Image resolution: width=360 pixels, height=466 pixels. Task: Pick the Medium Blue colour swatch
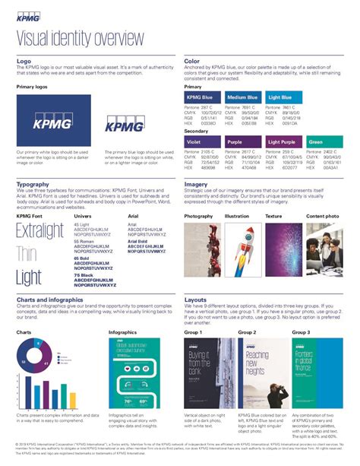(x=242, y=97)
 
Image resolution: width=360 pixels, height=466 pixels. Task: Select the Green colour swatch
(x=324, y=141)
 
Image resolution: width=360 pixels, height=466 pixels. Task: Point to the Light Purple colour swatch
(x=283, y=141)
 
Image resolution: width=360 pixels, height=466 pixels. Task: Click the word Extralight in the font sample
(x=39, y=230)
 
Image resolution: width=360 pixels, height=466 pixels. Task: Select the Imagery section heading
(x=197, y=184)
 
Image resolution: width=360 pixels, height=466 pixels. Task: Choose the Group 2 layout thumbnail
(x=257, y=373)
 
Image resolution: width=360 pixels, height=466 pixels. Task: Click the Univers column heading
(x=82, y=217)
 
